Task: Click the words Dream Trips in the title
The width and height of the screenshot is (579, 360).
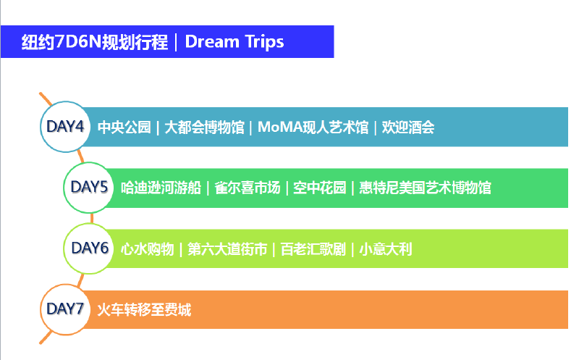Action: pos(234,42)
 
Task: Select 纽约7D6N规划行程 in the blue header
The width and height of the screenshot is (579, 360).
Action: pos(95,42)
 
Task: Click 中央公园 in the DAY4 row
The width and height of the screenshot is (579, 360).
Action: pos(124,127)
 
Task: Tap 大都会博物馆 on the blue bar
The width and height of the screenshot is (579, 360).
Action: pos(204,127)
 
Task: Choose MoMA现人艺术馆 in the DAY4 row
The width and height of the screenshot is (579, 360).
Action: pos(313,127)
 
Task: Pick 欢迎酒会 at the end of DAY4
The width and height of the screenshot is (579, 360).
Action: pos(408,127)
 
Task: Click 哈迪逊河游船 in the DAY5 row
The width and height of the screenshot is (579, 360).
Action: pos(161,188)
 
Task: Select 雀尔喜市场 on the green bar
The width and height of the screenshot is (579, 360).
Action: pos(248,188)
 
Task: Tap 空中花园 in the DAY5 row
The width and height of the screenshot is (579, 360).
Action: pos(320,188)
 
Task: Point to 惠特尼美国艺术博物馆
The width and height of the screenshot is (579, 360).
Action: pos(425,188)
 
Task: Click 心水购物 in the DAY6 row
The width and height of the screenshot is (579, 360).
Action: pos(148,249)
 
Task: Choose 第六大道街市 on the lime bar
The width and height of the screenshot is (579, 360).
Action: pos(227,249)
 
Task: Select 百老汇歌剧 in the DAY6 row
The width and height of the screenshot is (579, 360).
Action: pos(313,249)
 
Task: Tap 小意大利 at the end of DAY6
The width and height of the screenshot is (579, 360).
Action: pos(386,249)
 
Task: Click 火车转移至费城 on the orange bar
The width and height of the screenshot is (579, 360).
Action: pos(144,310)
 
